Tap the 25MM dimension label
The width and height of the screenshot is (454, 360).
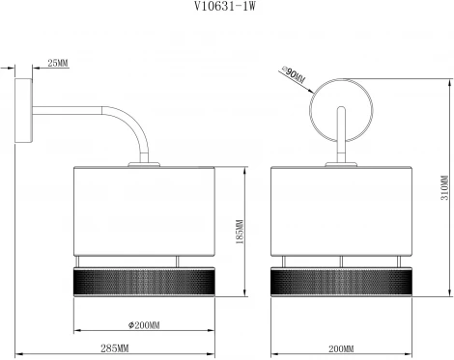pyautogui.click(x=57, y=64)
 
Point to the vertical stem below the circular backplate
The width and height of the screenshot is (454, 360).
pyautogui.click(x=340, y=145)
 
